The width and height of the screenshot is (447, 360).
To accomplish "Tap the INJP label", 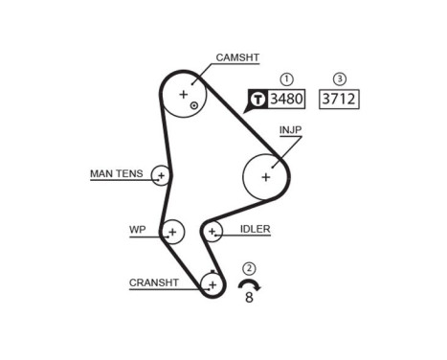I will click(x=290, y=128).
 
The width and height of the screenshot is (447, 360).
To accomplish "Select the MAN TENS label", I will click(x=116, y=174).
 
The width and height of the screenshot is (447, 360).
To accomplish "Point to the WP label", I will click(x=137, y=230).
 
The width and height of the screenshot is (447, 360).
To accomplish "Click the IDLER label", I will click(x=257, y=230).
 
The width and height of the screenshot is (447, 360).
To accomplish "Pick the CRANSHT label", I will click(x=153, y=282).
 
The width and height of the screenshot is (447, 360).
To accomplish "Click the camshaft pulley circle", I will click(x=184, y=95).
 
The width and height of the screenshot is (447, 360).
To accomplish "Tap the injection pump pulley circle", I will click(x=266, y=175).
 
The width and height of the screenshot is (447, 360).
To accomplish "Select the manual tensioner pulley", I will click(x=161, y=175).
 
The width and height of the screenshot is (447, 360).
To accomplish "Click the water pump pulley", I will click(x=172, y=231).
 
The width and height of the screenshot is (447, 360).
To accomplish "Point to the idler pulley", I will click(x=212, y=231).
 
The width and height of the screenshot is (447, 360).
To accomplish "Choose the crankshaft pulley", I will click(x=212, y=283).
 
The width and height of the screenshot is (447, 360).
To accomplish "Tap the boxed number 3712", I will click(x=339, y=99).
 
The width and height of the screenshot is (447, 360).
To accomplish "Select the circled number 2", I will click(x=249, y=269).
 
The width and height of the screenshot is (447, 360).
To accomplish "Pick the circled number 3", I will click(x=339, y=79).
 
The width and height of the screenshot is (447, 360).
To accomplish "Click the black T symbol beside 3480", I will click(x=257, y=99).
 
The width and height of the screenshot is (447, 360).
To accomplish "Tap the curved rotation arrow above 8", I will click(x=249, y=284).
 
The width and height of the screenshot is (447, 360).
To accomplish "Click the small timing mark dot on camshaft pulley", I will click(x=194, y=104).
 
